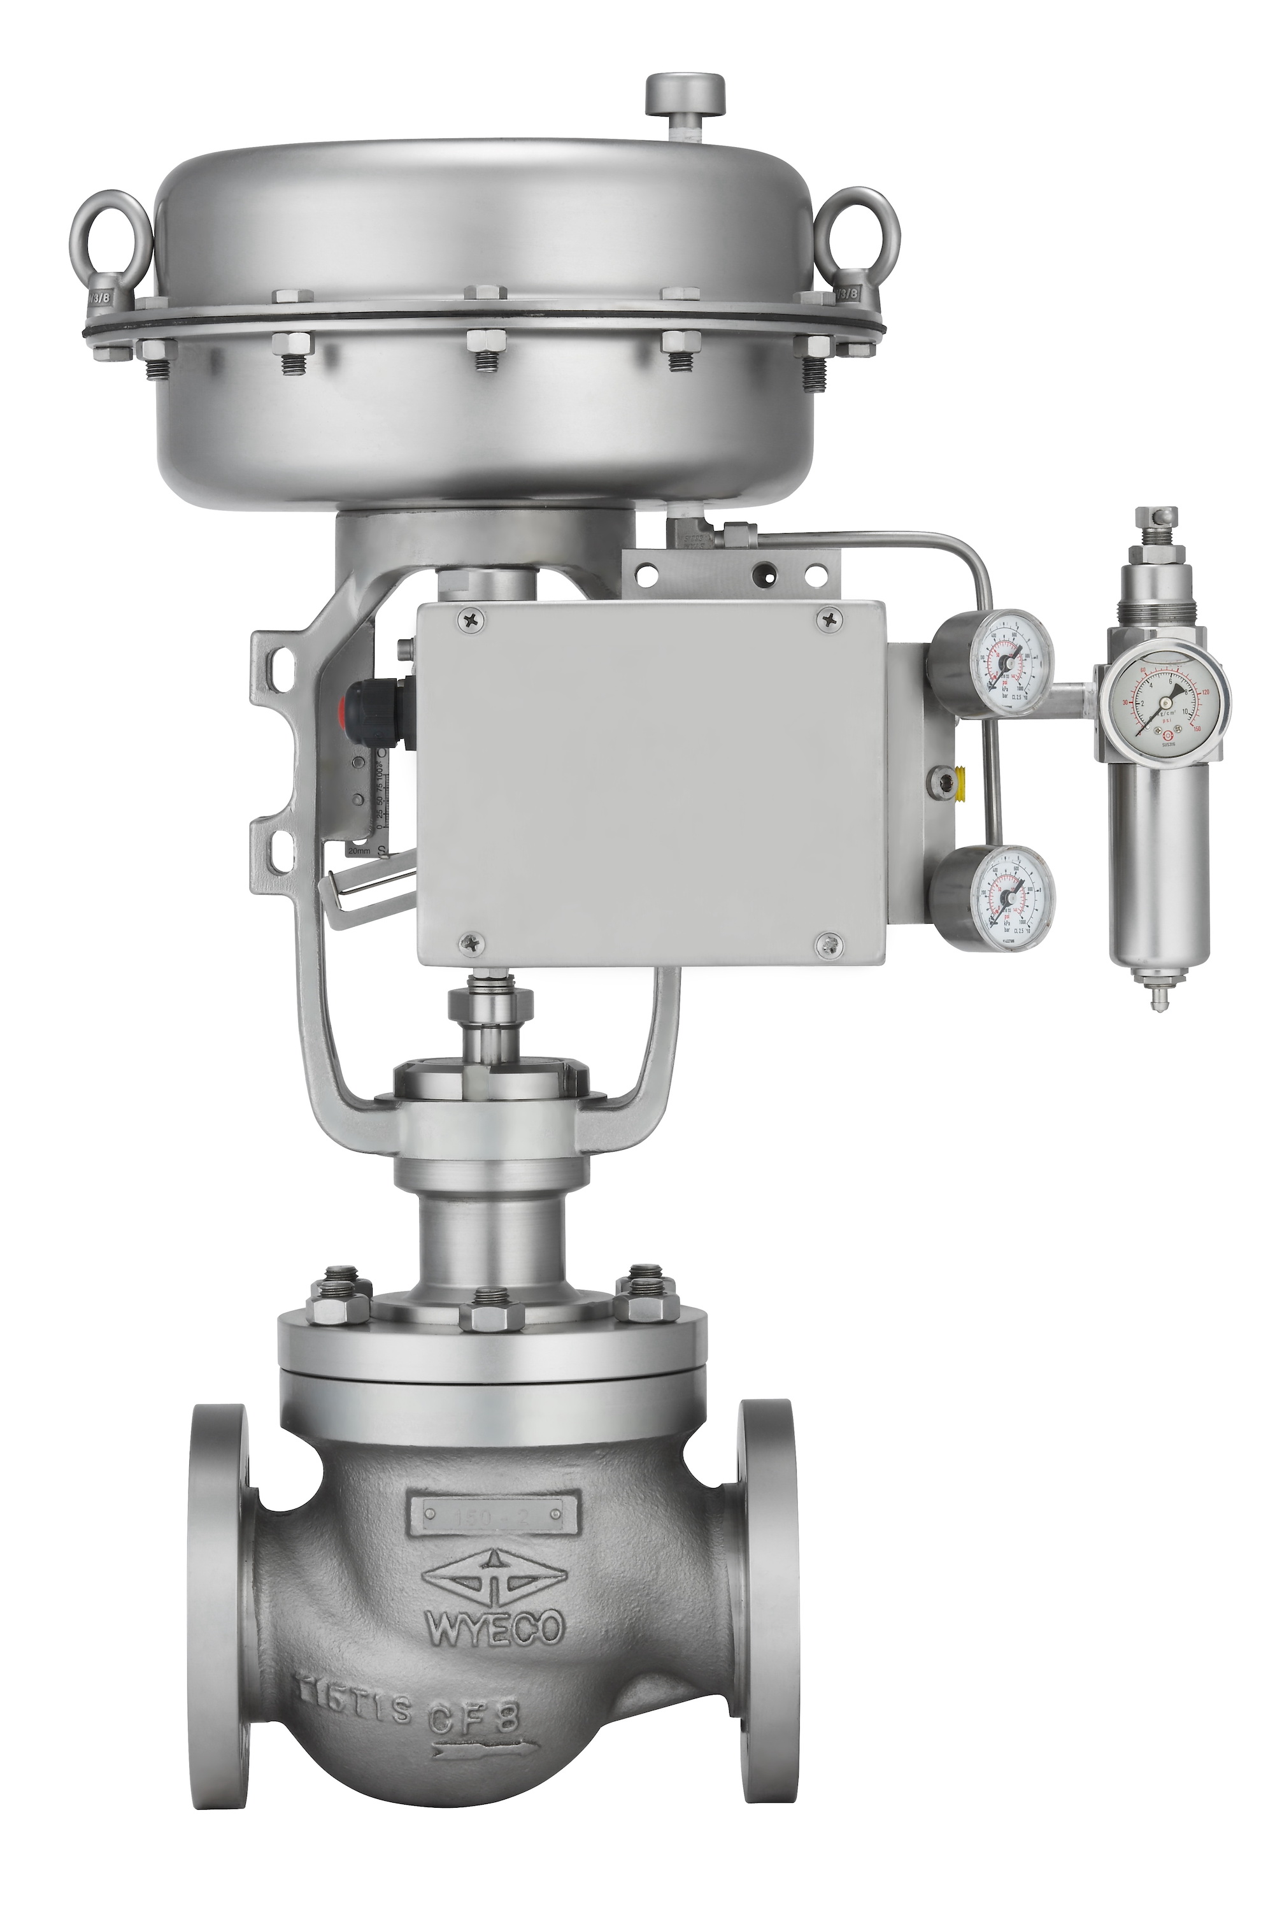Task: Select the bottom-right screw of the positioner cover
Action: pyautogui.click(x=827, y=941)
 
